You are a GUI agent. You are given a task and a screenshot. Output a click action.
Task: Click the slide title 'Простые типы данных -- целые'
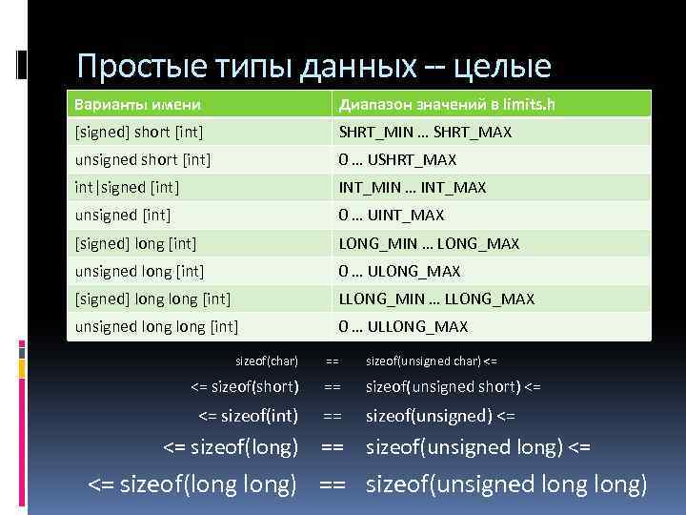coord(313,67)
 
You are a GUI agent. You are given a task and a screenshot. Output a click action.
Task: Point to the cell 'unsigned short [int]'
coord(143,160)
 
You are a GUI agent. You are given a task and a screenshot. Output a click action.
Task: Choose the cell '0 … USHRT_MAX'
coord(397,160)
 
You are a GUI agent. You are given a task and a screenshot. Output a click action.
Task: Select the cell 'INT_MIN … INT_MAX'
coord(413,188)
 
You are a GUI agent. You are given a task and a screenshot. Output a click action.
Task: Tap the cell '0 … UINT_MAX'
coord(392,216)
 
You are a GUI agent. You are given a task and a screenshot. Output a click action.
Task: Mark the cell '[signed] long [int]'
coord(139,243)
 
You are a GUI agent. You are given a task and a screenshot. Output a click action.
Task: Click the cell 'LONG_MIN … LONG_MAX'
coord(429,243)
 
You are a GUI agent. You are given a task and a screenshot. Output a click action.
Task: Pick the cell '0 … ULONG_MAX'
coord(399,272)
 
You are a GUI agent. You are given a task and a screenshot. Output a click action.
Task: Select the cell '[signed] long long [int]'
coord(153,299)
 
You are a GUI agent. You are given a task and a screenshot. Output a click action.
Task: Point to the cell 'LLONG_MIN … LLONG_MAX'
coord(436,299)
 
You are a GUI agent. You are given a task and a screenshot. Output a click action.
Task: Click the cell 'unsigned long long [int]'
coord(156,327)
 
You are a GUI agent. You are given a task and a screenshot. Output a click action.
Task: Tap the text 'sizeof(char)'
coord(267,361)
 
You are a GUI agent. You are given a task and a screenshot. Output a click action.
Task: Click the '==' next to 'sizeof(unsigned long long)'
coord(332,485)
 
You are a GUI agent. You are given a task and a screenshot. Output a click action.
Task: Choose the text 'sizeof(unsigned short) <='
coord(454,387)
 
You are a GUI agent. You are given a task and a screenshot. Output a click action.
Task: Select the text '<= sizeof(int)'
coord(248,415)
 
